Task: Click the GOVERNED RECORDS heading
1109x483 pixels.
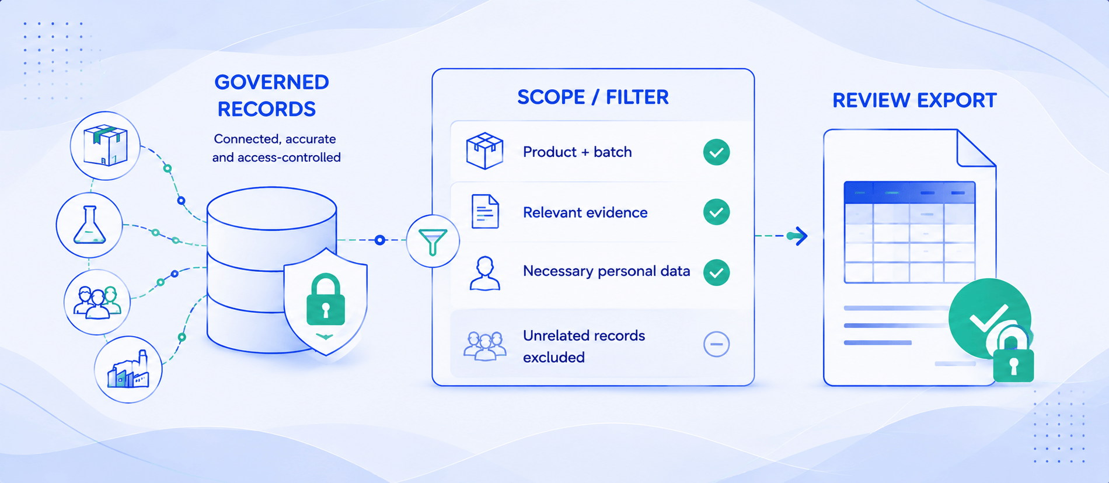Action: [x=272, y=96]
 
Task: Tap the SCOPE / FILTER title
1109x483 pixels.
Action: [x=593, y=97]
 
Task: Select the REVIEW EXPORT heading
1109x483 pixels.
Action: [x=914, y=100]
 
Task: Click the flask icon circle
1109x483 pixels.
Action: [x=89, y=225]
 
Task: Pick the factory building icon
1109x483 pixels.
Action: [x=128, y=369]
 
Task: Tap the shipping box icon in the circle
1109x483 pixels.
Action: [x=105, y=145]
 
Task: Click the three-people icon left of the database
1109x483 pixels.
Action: [x=97, y=302]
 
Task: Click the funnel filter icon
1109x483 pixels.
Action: [x=433, y=241]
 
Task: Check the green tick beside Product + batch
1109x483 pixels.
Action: [x=716, y=152]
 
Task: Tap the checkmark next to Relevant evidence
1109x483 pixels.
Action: [x=716, y=212]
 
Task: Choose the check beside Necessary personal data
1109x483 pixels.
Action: [x=716, y=272]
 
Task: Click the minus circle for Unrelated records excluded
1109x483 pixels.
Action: [x=716, y=344]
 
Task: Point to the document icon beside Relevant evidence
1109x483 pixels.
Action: [x=485, y=211]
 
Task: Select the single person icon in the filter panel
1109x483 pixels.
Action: [x=485, y=273]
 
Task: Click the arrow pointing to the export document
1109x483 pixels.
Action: [x=782, y=236]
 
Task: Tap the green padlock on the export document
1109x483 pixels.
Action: [x=1013, y=357]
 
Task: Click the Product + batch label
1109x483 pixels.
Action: [x=577, y=152]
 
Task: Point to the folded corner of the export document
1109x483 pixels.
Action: [x=976, y=148]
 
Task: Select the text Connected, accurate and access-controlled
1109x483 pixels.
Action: [x=276, y=148]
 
